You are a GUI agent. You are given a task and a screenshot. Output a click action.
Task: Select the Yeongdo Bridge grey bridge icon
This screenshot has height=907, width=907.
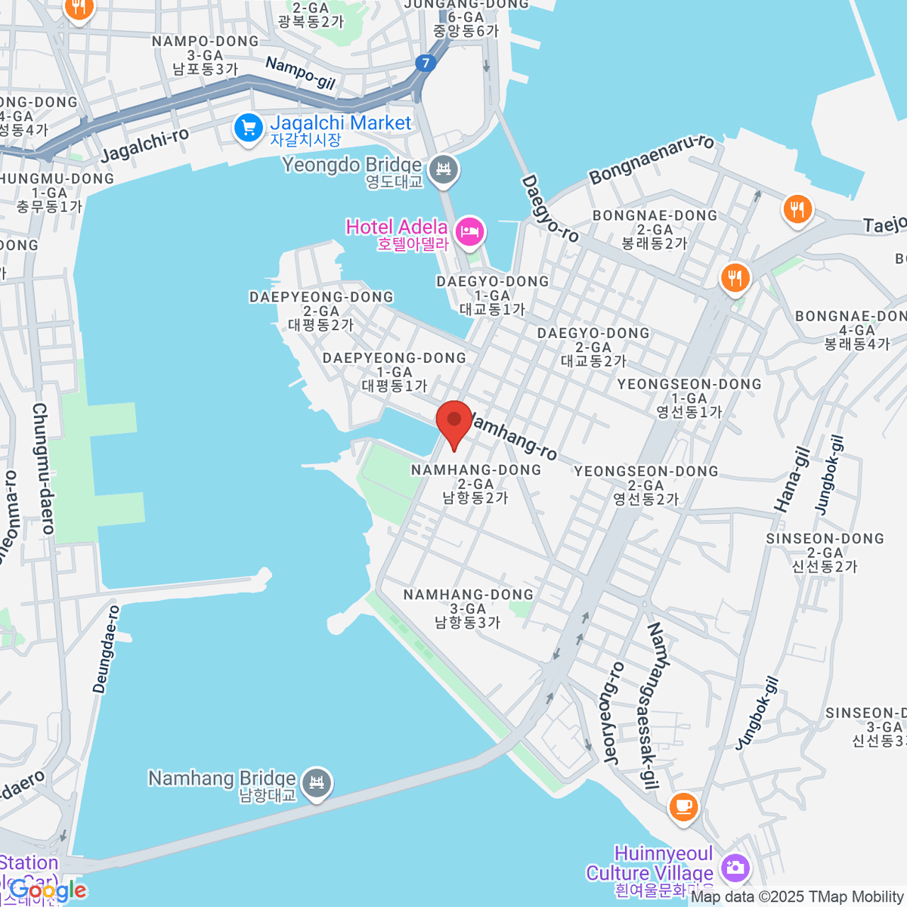[x=444, y=171]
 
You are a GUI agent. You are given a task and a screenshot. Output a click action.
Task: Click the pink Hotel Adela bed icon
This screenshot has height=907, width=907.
[x=471, y=231]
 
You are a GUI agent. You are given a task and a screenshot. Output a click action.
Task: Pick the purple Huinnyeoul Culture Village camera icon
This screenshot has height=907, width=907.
[x=734, y=868]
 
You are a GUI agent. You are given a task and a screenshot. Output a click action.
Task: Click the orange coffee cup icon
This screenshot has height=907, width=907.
[x=683, y=806]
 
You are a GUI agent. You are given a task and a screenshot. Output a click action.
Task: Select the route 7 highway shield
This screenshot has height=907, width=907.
[x=426, y=63]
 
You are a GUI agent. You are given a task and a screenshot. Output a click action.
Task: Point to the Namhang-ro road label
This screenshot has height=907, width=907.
[x=514, y=436]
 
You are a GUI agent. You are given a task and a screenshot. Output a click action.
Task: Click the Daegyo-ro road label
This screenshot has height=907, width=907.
[x=549, y=209]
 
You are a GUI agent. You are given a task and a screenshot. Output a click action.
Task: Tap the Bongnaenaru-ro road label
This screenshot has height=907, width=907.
[x=652, y=159]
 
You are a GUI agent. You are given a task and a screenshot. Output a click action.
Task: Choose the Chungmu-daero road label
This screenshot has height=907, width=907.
[x=43, y=469]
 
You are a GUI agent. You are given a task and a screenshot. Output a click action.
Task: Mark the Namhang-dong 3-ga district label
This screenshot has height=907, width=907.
[x=468, y=608]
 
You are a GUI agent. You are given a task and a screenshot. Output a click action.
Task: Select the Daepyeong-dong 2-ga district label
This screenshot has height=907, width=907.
[x=321, y=311]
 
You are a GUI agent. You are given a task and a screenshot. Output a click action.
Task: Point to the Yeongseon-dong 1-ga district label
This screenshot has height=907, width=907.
[x=689, y=398]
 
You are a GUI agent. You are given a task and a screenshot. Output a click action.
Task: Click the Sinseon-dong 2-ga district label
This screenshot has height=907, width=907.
[x=825, y=553]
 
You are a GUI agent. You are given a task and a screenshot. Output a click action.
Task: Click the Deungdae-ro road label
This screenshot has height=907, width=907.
[x=106, y=649]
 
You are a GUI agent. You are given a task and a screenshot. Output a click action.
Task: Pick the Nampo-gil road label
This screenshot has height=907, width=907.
[x=300, y=73]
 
